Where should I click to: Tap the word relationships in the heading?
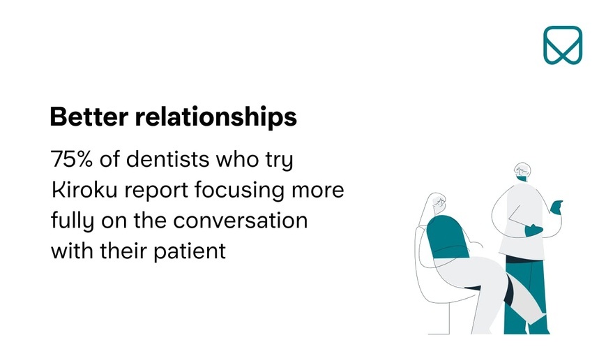[x=216, y=117]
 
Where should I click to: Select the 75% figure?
[x=72, y=158]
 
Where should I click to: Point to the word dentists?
[x=168, y=158]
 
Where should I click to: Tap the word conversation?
[x=240, y=221]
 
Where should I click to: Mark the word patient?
[x=190, y=251]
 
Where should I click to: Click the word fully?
[x=73, y=221]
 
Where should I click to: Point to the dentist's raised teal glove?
[x=556, y=207]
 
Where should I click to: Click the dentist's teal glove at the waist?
[x=533, y=230]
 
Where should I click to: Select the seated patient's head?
[x=437, y=204]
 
